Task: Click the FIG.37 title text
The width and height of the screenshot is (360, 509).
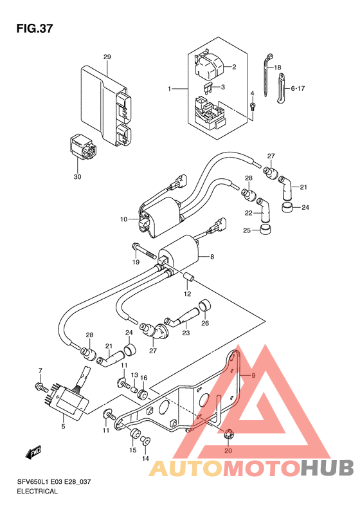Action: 34,29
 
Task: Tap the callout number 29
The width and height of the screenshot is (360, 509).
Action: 107,57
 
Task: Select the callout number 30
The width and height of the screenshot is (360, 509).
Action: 77,177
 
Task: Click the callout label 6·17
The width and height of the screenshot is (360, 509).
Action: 298,88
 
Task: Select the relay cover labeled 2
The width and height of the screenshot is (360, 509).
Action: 208,66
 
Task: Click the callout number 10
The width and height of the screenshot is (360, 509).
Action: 124,219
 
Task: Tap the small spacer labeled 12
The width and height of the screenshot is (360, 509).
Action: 189,278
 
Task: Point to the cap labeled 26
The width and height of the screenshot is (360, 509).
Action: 204,305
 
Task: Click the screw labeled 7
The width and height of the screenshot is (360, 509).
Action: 41,387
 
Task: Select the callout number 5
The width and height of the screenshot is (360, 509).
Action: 63,426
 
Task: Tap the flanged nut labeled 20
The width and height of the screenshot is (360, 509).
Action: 228,433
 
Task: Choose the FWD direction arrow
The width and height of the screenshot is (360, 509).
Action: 33,452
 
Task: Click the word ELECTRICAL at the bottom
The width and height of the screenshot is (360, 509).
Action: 37,491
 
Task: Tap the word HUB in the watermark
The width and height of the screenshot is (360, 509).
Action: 327,468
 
